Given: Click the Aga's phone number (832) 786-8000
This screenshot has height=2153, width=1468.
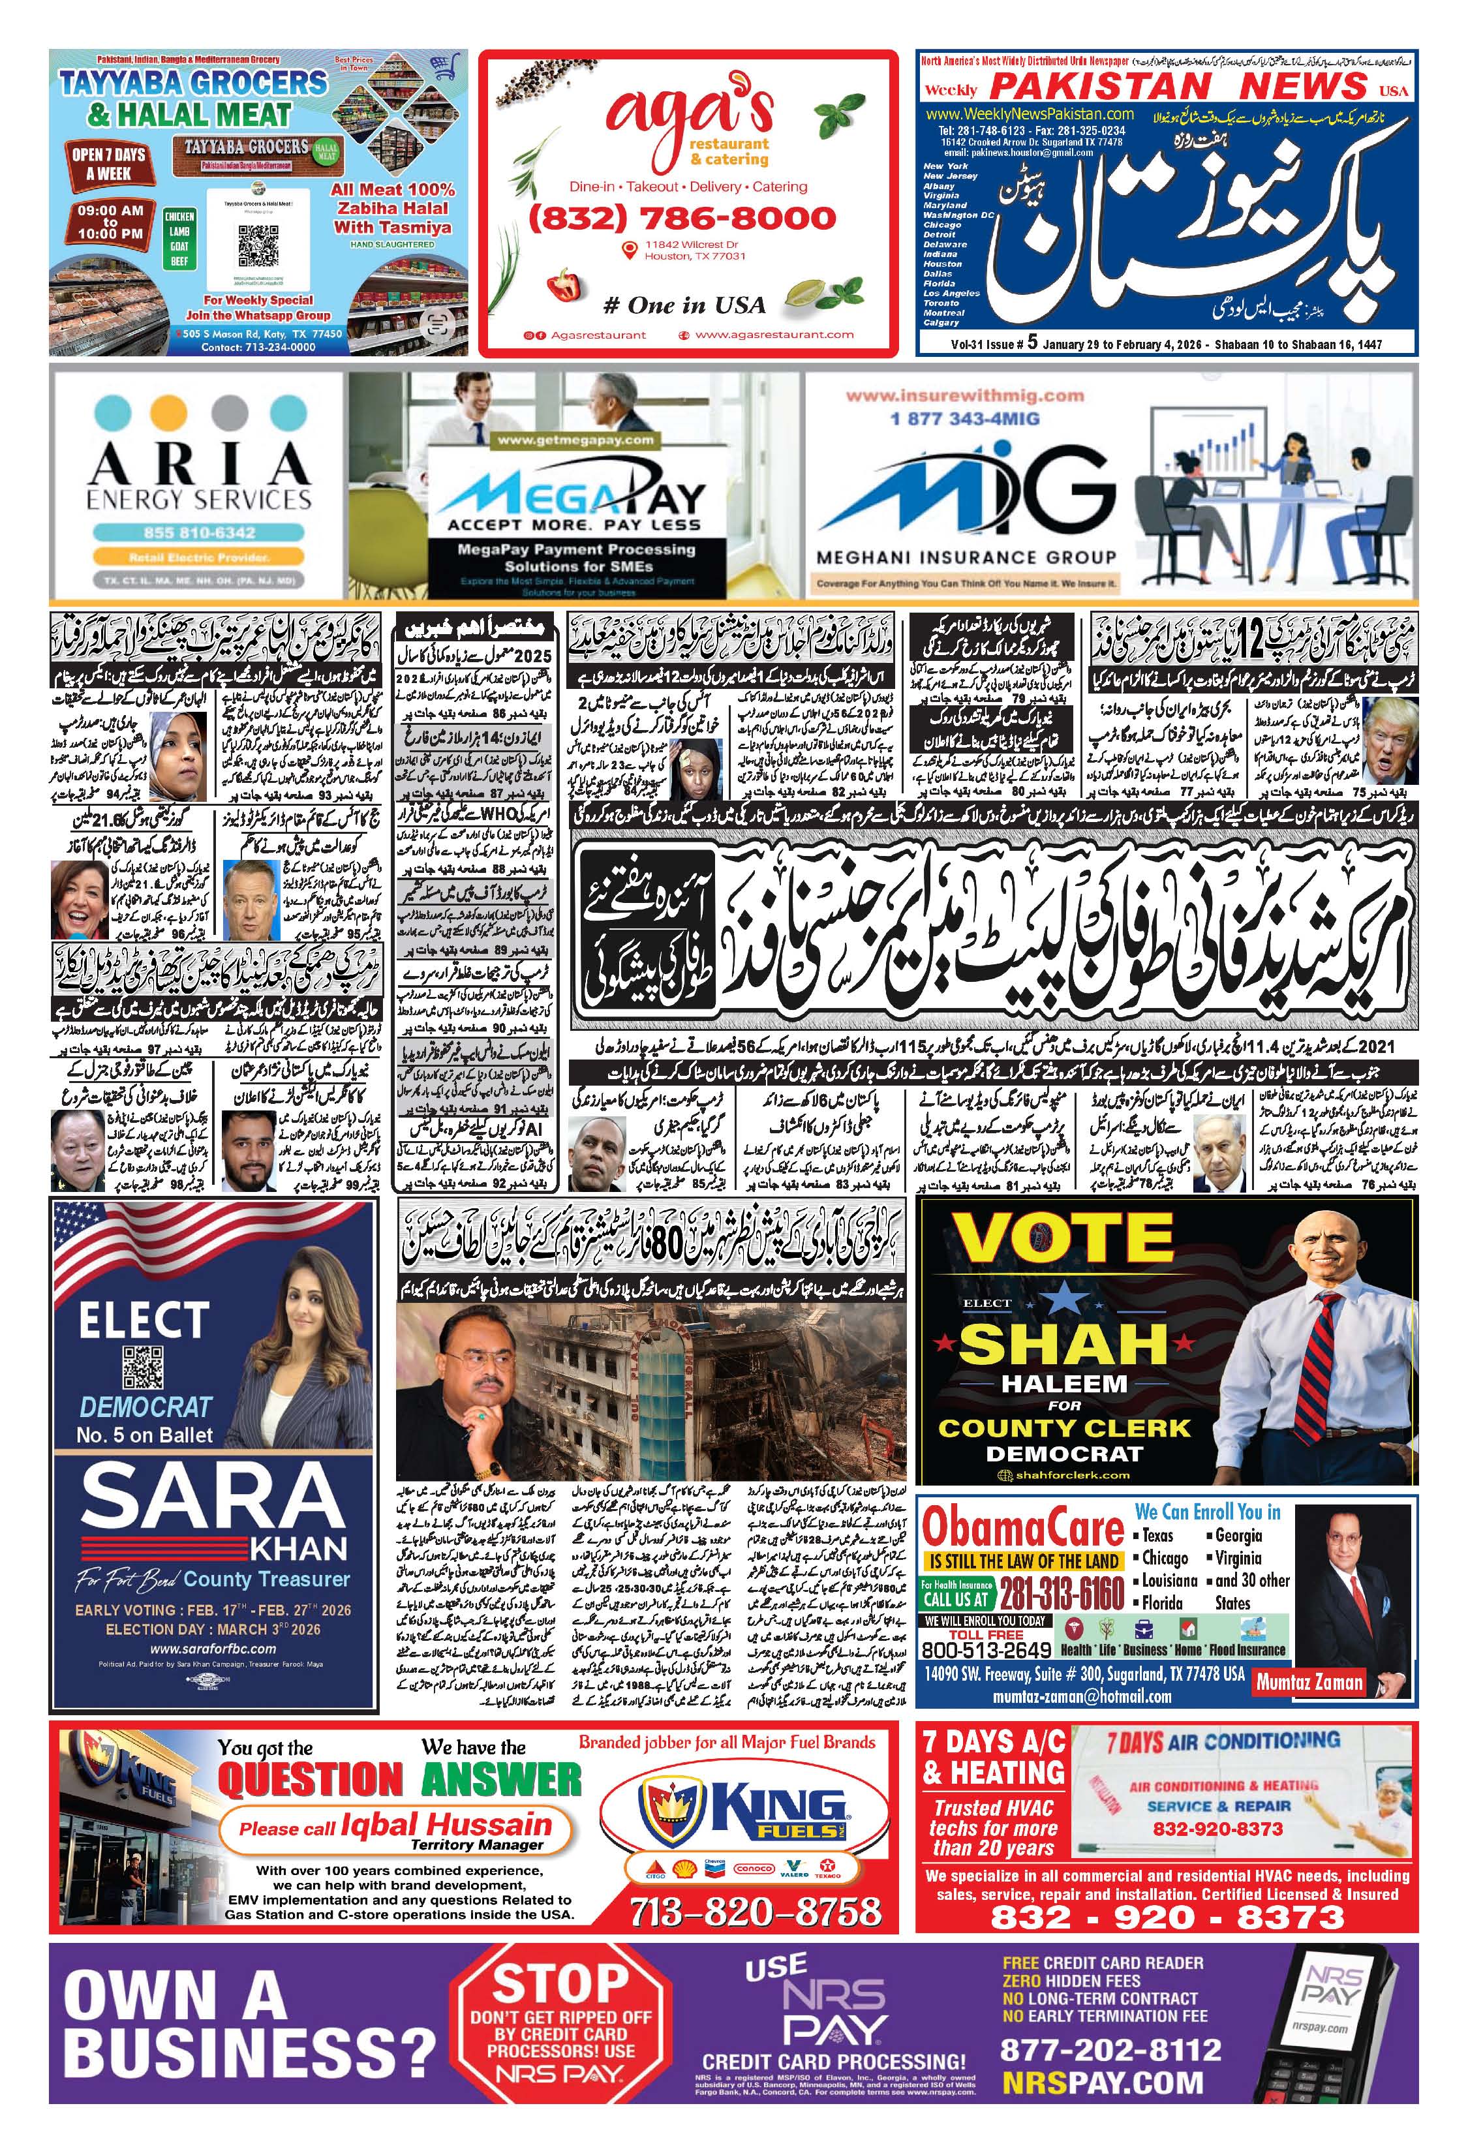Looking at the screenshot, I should coord(682,219).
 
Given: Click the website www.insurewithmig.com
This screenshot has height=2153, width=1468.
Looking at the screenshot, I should coord(964,395).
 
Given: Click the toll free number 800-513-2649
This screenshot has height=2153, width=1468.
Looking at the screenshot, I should coord(986,1649).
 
